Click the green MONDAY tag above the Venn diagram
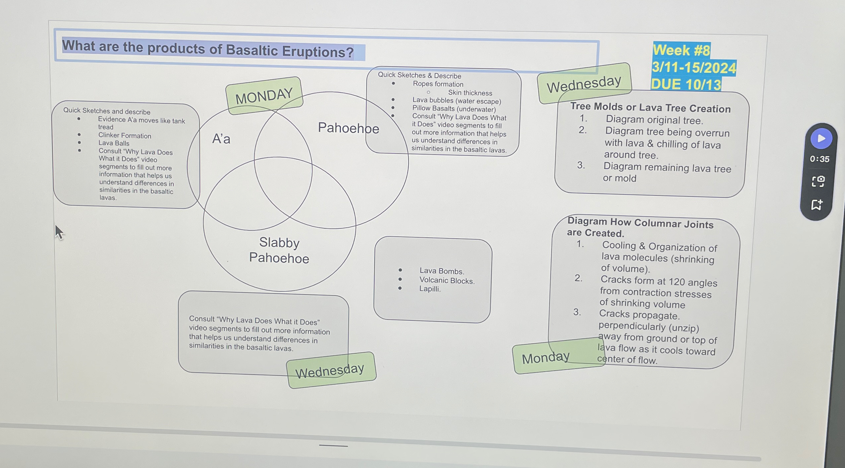coord(264,96)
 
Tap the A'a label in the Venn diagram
coord(221,139)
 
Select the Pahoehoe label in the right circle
coord(348,128)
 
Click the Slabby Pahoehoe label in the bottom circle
coord(279,250)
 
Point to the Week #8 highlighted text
coord(681,50)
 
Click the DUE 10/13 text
coord(686,84)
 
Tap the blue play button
coord(821,138)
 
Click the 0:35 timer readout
coord(819,159)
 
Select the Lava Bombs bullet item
coord(441,271)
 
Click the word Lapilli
coord(430,289)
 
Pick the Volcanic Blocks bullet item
coord(447,281)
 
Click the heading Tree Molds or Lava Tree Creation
coord(650,107)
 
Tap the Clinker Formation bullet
coord(124,136)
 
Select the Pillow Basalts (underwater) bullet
coord(454,109)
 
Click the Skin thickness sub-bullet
coord(470,93)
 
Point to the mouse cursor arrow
coord(59,231)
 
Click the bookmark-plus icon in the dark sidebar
coord(817,204)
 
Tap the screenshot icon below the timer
coord(818,181)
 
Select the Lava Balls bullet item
coord(114,143)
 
